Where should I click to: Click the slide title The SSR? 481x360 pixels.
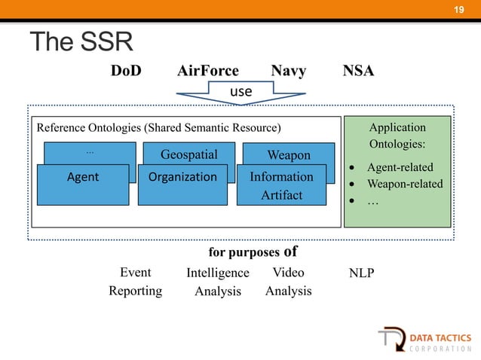81,42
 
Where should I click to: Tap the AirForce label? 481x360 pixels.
208,71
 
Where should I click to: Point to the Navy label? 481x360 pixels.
288,71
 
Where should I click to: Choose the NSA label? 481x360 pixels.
359,71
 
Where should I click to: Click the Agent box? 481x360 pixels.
83,178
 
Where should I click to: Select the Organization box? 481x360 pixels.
182,178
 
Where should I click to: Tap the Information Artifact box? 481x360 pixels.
281,185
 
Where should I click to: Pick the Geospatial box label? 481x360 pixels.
189,155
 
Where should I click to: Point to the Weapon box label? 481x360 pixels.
289,155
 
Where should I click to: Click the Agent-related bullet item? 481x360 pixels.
400,167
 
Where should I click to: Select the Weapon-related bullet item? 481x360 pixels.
404,184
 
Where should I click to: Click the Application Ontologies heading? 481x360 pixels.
397,135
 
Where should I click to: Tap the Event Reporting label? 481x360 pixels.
135,282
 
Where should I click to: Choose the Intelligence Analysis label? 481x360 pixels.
217,282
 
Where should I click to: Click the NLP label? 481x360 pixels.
361,273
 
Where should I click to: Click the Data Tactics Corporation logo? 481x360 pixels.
425,341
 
